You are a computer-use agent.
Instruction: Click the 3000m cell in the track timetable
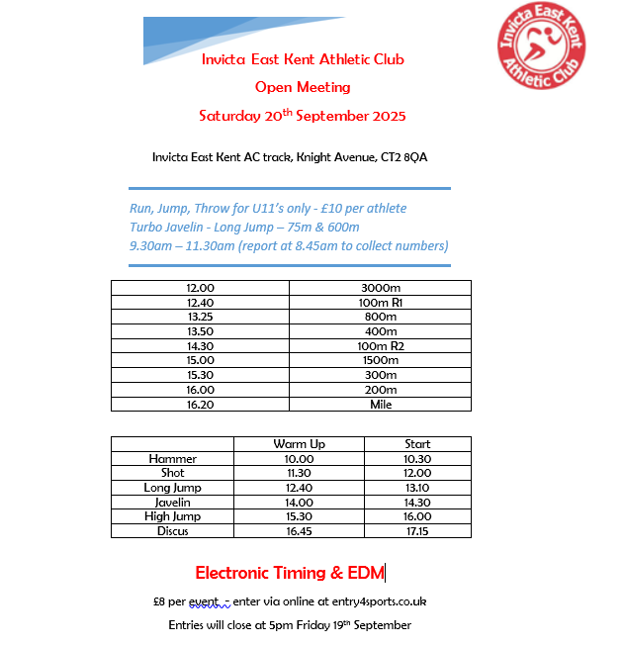[380, 288]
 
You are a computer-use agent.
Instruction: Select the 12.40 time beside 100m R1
[201, 303]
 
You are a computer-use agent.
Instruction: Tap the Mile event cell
[380, 405]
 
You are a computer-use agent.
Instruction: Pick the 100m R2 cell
[380, 346]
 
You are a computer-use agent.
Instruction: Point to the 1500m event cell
[380, 361]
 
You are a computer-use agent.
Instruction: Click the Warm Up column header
[299, 444]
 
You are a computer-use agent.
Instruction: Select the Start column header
[417, 444]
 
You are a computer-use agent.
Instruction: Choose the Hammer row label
[173, 459]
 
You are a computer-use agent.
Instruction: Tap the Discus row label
[173, 531]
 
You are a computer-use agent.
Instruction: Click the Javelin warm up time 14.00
[299, 503]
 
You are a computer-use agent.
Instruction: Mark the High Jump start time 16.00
[417, 516]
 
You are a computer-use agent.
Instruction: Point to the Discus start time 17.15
[417, 531]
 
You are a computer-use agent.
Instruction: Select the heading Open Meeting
[303, 87]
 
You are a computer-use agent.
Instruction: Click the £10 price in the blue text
[322, 209]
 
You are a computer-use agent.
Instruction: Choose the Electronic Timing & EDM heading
[289, 573]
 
